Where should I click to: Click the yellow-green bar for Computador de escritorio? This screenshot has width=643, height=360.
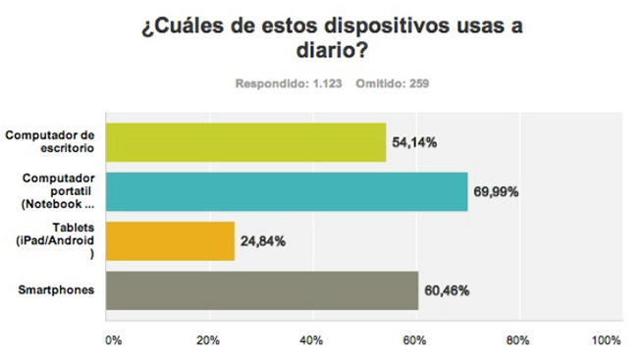245,142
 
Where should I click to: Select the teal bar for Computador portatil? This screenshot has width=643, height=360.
286,191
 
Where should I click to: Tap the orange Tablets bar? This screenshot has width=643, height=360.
169,240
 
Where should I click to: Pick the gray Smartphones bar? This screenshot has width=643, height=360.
261,290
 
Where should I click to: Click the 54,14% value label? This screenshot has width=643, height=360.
415,143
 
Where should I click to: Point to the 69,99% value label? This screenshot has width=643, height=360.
498,192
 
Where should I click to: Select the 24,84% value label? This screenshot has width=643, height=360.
266,241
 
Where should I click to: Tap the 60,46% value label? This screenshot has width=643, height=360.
449,291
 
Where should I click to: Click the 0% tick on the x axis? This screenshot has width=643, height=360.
113,340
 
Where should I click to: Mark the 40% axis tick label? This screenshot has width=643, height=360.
312,340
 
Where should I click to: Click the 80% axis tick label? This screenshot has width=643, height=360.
517,340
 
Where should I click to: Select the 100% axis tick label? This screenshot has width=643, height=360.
606,340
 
